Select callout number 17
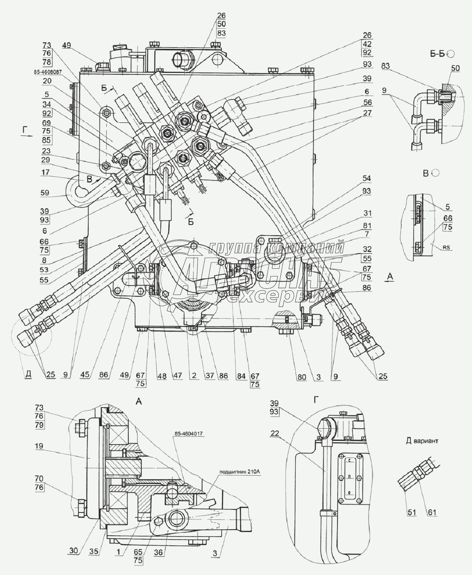coord(46,173)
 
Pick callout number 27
coord(367,113)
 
